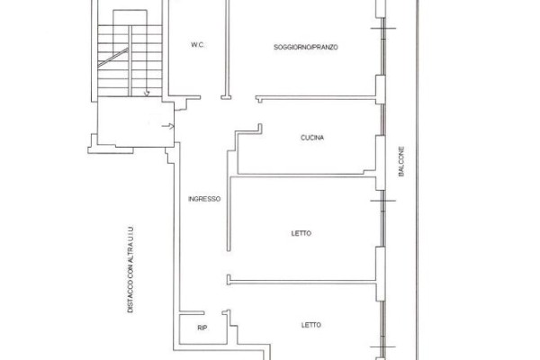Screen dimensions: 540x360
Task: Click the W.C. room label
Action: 197,45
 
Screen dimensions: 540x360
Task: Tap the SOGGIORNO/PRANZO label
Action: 305,47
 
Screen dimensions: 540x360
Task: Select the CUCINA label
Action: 312,138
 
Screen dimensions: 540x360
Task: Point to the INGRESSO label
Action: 204,199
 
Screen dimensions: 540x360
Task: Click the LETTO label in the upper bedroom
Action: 301,233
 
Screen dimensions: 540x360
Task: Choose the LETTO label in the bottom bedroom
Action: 311,325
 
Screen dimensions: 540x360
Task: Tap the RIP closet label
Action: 202,328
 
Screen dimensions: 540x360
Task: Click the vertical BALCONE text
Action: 401,162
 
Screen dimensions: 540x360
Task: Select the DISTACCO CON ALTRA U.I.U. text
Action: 130,269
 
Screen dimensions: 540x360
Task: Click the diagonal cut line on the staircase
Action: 113,58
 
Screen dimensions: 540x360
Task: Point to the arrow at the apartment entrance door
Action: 168,126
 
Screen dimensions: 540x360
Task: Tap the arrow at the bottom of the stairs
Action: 147,93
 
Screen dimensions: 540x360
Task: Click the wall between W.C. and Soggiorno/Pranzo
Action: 227,49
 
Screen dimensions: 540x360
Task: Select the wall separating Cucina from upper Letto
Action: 303,176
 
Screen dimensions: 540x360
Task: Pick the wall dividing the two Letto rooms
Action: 301,282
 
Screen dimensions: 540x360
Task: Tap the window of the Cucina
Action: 382,120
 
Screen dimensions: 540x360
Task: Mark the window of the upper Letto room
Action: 382,219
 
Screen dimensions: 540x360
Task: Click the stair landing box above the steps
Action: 130,18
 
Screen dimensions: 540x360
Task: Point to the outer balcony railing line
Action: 417,180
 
